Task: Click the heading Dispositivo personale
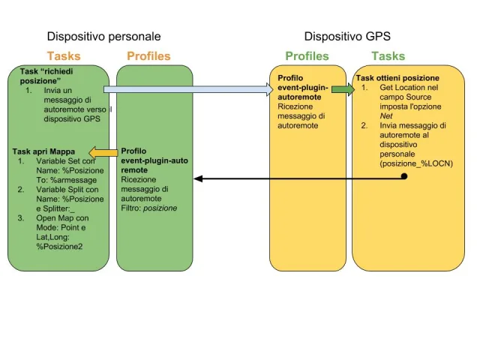[103, 36]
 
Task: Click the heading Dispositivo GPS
[347, 36]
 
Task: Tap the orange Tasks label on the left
[64, 56]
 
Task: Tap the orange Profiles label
[148, 56]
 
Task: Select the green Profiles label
[307, 56]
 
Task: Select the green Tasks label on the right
[388, 56]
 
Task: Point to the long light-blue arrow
[187, 90]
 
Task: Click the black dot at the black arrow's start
[404, 176]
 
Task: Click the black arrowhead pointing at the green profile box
[198, 178]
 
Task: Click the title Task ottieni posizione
[397, 78]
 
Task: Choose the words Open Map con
[64, 218]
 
